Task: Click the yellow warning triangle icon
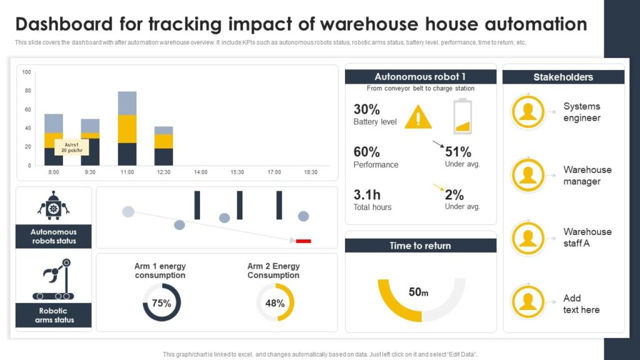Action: (418, 117)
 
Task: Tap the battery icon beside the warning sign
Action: (462, 116)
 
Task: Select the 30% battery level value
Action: (367, 109)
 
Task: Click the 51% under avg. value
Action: (458, 152)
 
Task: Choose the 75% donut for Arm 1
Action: (161, 303)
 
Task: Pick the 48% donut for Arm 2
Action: (275, 303)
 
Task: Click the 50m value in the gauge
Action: (418, 292)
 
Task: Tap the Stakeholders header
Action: (563, 77)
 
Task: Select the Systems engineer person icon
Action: (528, 112)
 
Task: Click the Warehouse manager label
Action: (587, 176)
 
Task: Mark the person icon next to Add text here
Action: (528, 302)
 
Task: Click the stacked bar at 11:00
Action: (127, 128)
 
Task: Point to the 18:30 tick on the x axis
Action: (310, 172)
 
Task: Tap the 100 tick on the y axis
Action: (26, 72)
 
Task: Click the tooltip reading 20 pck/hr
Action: (70, 147)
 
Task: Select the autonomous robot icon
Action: (54, 206)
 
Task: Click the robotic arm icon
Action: (54, 283)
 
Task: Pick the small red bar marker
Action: (303, 241)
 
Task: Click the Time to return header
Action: (420, 246)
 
